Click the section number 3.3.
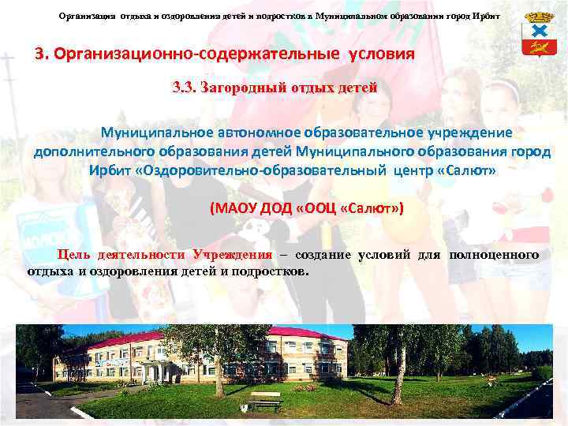(188, 88)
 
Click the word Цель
(75, 254)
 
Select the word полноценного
(494, 254)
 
